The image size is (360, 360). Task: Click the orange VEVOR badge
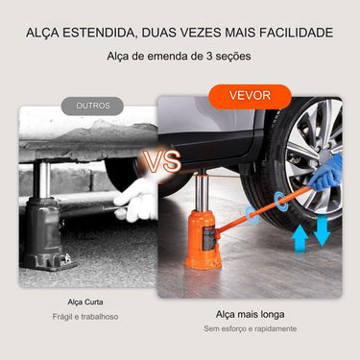(x=250, y=96)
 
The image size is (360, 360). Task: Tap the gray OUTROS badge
(x=92, y=106)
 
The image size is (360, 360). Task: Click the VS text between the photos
(x=161, y=161)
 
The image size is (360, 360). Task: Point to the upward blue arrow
(x=300, y=238)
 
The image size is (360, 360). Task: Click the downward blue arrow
(x=322, y=230)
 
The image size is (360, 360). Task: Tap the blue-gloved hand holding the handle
(x=325, y=173)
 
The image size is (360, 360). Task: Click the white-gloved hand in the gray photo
(x=135, y=201)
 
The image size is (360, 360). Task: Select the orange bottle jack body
(x=203, y=239)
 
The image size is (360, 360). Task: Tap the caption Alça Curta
(x=85, y=302)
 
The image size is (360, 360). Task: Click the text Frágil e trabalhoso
(x=85, y=317)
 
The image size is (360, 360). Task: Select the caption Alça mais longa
(x=251, y=314)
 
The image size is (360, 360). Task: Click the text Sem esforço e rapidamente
(x=251, y=328)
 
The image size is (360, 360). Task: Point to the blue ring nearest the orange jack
(x=252, y=214)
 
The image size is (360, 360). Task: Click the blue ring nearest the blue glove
(x=280, y=202)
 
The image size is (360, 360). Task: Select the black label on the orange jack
(x=208, y=240)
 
